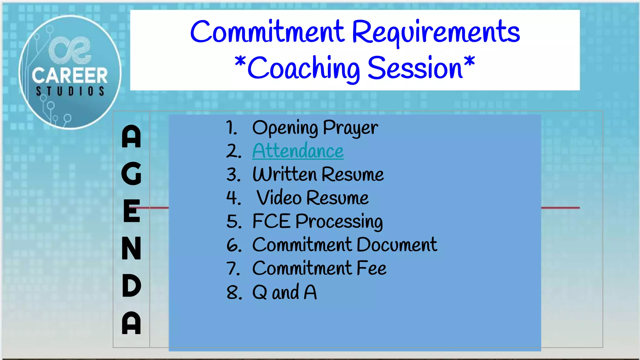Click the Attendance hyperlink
click(x=298, y=151)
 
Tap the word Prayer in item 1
click(x=350, y=128)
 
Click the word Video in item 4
click(x=279, y=198)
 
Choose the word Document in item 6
click(x=397, y=245)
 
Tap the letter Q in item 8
click(x=260, y=292)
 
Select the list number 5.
click(x=234, y=222)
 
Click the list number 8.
click(x=234, y=293)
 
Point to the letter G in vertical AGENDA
click(x=132, y=173)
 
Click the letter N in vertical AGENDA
click(x=132, y=248)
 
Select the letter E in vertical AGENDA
click(x=132, y=211)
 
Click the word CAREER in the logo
click(x=70, y=76)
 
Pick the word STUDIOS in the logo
click(x=70, y=91)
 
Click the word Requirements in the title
click(x=436, y=32)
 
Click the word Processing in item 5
click(x=339, y=222)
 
